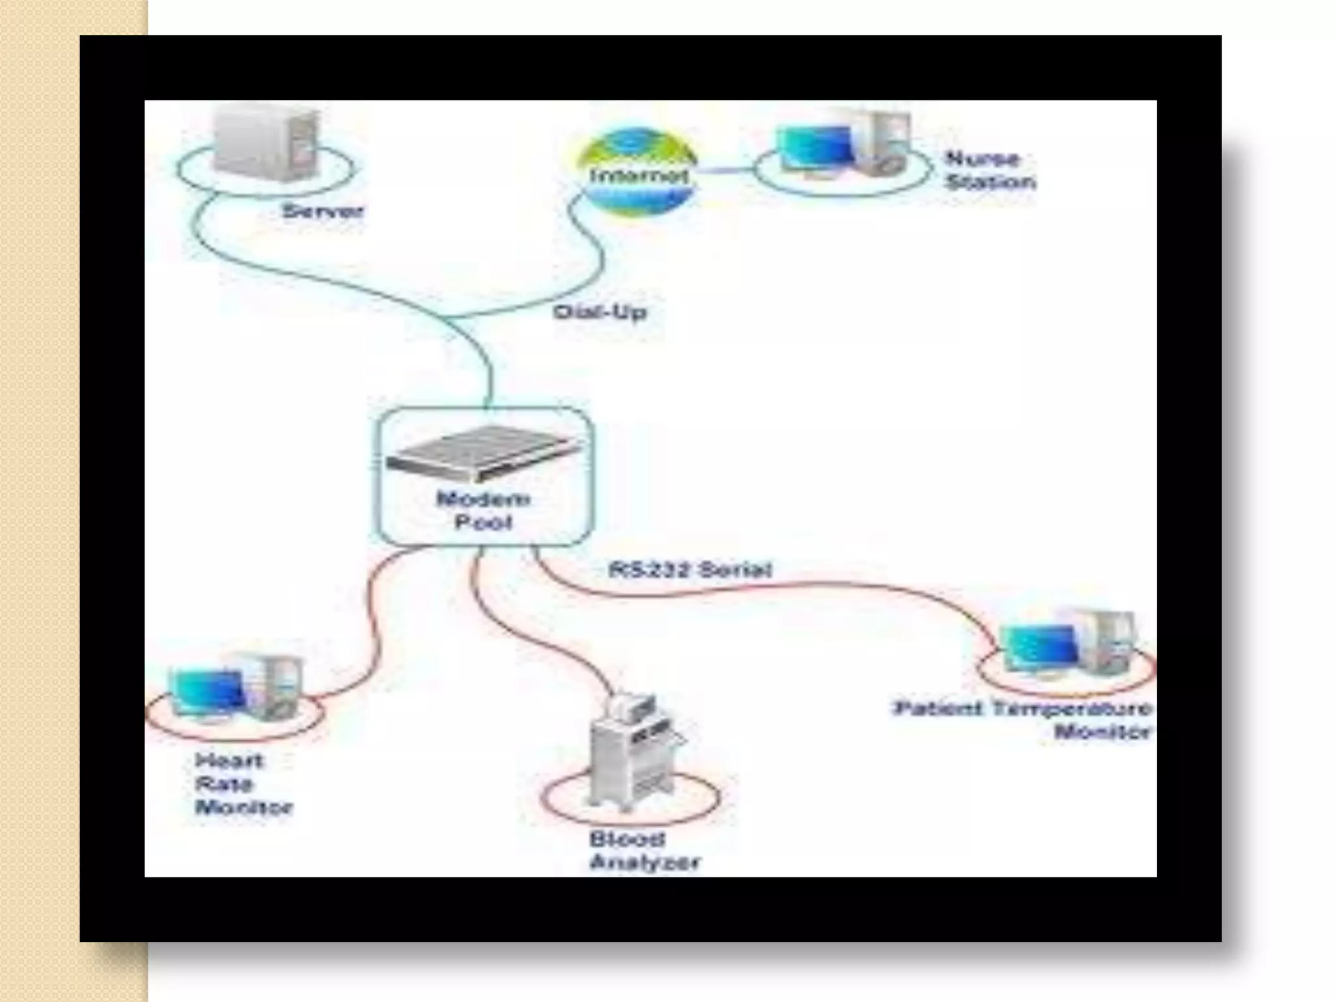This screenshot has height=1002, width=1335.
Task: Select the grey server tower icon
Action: point(267,144)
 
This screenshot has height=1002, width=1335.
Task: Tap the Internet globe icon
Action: point(638,173)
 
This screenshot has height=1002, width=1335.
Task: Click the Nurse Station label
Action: point(990,170)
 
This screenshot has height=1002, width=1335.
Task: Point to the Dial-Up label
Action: point(600,312)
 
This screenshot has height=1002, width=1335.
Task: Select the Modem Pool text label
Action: point(483,511)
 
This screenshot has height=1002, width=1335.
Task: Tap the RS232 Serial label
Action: point(690,570)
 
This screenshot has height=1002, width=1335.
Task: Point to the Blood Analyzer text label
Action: point(643,851)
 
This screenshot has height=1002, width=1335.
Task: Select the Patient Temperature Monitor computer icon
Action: point(1069,643)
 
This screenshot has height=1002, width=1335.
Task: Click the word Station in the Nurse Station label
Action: point(991,182)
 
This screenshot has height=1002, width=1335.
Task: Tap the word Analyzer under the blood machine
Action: point(644,862)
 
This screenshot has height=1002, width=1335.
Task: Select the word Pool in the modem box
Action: point(483,523)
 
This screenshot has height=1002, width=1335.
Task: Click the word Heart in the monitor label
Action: point(229,761)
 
